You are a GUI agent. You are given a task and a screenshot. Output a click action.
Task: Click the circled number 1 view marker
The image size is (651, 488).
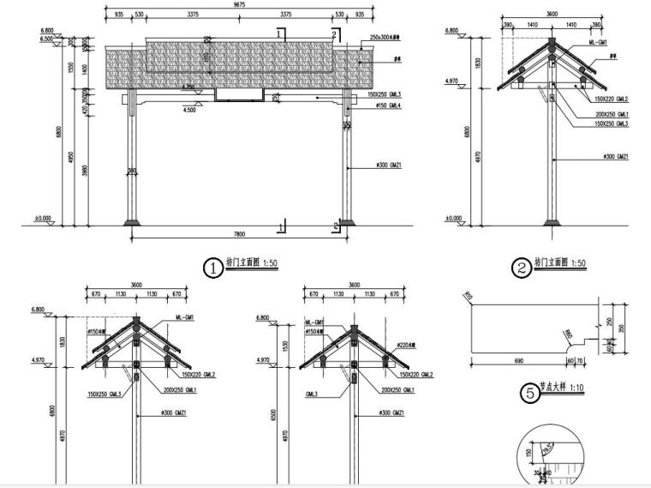tap(212, 268)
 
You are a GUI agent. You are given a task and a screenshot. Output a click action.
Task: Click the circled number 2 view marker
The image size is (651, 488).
tap(521, 268)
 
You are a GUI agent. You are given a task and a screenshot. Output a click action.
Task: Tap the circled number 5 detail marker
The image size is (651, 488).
tap(531, 393)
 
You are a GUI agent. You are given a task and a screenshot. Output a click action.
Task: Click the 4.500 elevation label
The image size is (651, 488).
tap(189, 110)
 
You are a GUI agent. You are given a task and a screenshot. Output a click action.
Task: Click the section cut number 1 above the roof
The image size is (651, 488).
tap(278, 32)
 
